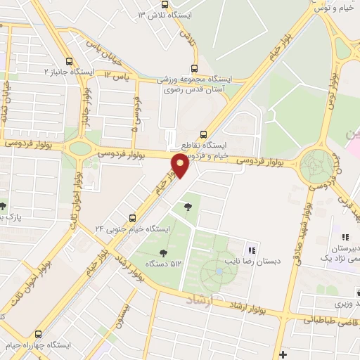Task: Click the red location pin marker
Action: pyautogui.click(x=180, y=166)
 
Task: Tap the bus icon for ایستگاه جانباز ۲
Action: pyautogui.click(x=69, y=61)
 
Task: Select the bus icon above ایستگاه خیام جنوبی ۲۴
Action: pyautogui.click(x=132, y=218)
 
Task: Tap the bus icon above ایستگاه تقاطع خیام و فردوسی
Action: pyautogui.click(x=204, y=134)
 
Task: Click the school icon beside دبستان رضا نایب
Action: pyautogui.click(x=251, y=250)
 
